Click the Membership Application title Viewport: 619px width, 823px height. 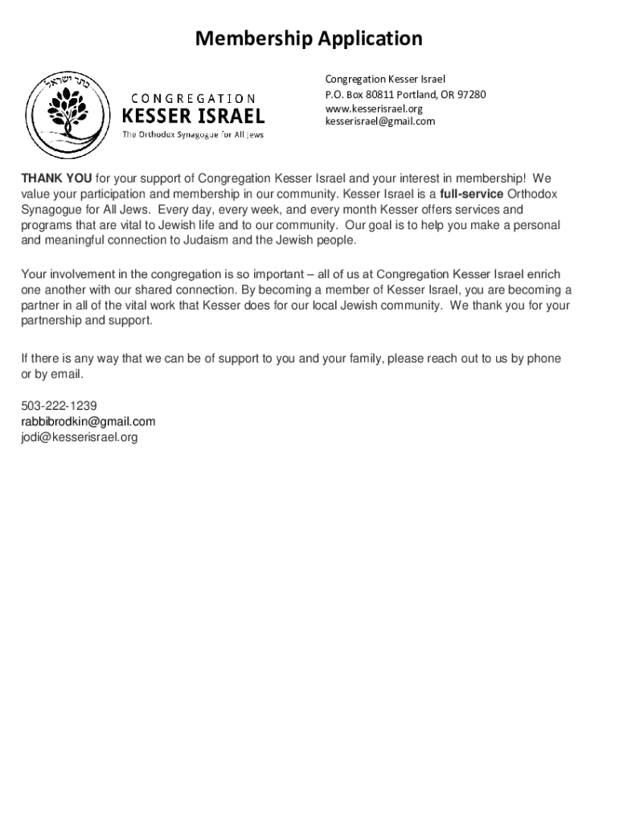(309, 39)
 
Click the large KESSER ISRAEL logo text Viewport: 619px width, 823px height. (192, 116)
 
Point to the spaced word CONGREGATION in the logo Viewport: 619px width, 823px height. (189, 98)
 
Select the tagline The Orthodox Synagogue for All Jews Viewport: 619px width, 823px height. (192, 134)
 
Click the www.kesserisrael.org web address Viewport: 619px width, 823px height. (373, 109)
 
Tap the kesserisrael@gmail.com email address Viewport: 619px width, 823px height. (379, 121)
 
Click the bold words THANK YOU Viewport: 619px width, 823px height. (55, 178)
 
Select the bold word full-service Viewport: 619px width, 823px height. (472, 194)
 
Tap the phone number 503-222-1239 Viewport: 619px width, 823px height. (59, 406)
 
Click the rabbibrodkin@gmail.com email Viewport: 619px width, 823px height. (88, 421)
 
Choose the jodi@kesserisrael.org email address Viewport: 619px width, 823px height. (80, 437)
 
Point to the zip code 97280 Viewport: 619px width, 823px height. (472, 95)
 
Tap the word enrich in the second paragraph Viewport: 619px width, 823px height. (543, 274)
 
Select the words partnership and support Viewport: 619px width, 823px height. (86, 321)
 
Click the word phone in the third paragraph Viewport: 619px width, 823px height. (543, 358)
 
